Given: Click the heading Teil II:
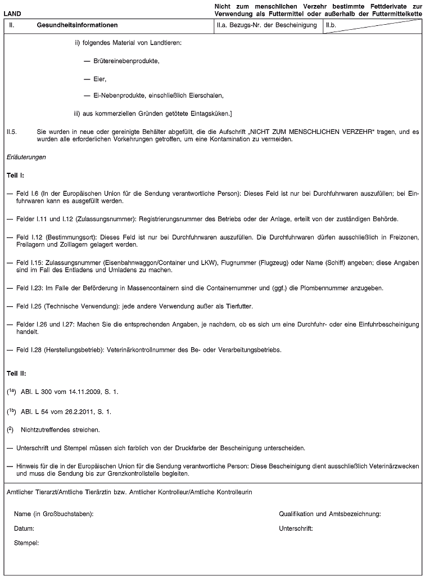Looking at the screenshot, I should click(x=16, y=373).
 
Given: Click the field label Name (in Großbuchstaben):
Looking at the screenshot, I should click(x=54, y=513).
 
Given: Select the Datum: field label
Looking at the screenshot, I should click(x=24, y=528).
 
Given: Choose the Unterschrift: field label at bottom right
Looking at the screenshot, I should click(x=296, y=528).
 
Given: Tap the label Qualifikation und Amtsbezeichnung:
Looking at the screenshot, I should click(x=330, y=513).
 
